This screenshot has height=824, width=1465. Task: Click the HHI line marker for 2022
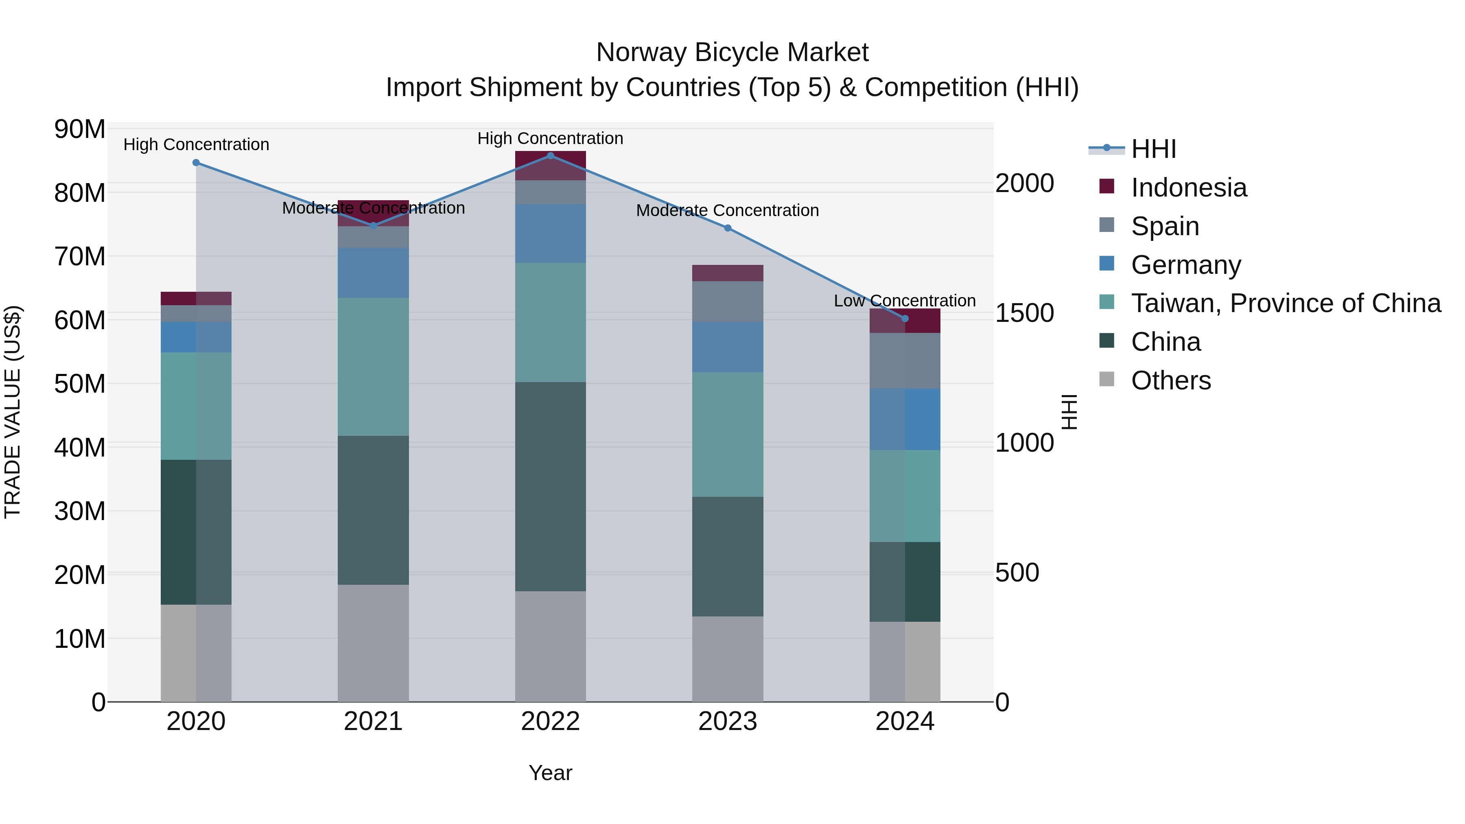[x=550, y=155]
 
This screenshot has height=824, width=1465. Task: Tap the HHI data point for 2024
[x=905, y=319]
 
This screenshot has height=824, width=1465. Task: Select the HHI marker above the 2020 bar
[x=196, y=163]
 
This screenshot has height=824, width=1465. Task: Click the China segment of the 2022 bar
[x=550, y=486]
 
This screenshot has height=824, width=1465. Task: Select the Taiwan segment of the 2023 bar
[x=727, y=435]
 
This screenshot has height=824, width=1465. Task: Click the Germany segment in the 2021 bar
[x=373, y=273]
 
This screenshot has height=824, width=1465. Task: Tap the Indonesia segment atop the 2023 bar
[x=727, y=273]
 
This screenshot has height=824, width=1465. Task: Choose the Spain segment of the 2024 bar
[x=905, y=361]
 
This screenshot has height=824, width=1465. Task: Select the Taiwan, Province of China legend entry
[x=1285, y=303]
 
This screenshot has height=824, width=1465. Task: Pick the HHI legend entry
[x=1153, y=149]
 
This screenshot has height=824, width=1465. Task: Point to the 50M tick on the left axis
[x=80, y=384]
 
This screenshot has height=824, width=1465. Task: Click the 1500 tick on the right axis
[x=1024, y=313]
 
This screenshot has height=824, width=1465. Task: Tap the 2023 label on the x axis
[x=727, y=721]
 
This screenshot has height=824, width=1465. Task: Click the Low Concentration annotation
[x=904, y=300]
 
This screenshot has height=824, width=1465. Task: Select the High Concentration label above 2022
[x=550, y=138]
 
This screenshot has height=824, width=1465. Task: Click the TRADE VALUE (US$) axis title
[x=13, y=412]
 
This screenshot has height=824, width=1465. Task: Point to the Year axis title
[x=550, y=773]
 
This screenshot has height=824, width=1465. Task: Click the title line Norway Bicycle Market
[x=732, y=52]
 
